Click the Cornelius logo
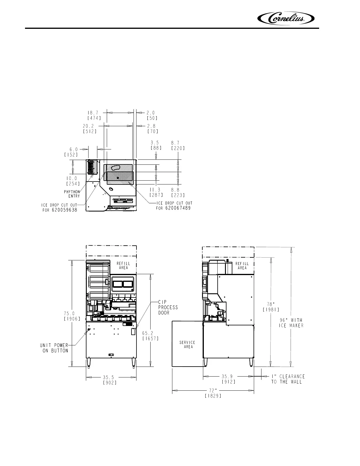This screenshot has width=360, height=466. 286,19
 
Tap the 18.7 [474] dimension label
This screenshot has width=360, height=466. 94,115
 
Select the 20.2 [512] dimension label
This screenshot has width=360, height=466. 90,129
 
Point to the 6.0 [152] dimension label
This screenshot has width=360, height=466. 71,152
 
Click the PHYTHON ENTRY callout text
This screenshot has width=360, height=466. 72,194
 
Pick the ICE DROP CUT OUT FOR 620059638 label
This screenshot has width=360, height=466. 59,207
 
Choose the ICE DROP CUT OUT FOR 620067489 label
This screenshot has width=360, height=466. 174,205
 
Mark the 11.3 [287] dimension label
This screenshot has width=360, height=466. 156,192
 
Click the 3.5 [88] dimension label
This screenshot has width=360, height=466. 156,145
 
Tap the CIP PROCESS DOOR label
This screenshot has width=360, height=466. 168,307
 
